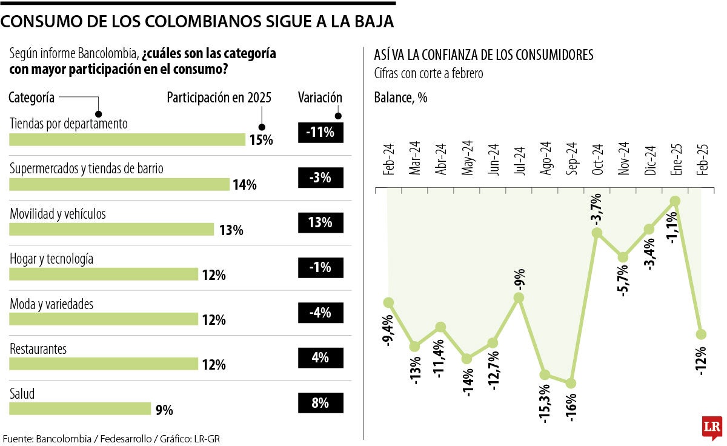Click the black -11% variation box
(x=321, y=132)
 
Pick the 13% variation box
(x=321, y=222)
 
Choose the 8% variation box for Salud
(x=321, y=403)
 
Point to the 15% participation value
(x=261, y=140)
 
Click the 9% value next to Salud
(x=164, y=410)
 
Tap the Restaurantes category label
(x=38, y=350)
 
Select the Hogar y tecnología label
(x=51, y=259)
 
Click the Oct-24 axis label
(x=597, y=159)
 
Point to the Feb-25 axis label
(x=702, y=159)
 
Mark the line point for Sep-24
(x=571, y=383)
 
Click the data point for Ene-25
(x=676, y=201)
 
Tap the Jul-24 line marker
(x=519, y=298)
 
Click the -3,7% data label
(x=596, y=208)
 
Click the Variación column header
(x=320, y=98)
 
